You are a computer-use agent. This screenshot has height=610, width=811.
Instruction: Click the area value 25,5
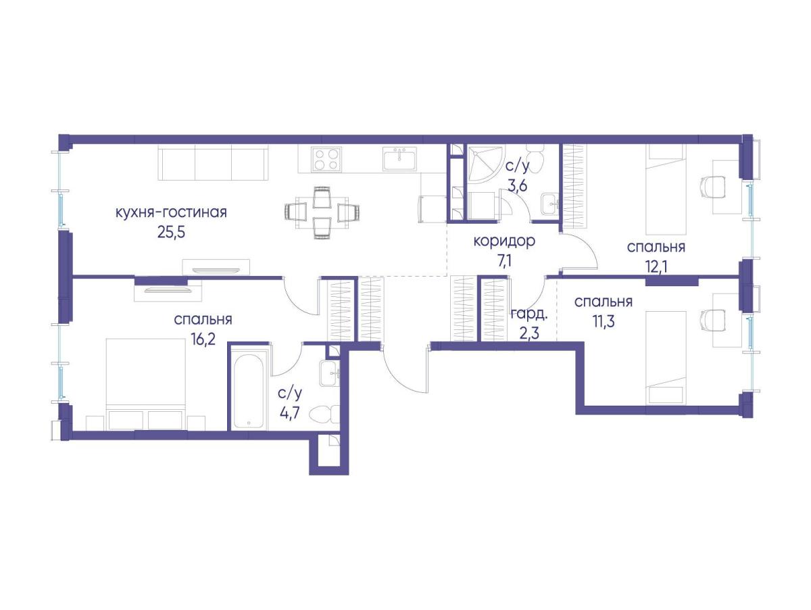point(171,233)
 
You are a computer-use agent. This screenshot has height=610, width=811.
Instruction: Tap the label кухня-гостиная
point(171,212)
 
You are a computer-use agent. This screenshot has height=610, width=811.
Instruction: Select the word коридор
point(504,242)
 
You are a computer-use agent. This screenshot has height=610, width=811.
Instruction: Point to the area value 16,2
point(203,339)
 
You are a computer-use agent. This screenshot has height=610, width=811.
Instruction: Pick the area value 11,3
point(604,322)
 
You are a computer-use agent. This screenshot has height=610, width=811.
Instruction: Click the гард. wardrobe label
point(529,314)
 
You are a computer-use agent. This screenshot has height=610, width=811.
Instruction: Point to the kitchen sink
point(399,158)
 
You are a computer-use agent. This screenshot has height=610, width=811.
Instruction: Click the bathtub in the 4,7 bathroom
point(248,388)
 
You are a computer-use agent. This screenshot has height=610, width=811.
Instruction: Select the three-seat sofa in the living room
point(213,163)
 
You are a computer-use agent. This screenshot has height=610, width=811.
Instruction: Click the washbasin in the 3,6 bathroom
point(550,204)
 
